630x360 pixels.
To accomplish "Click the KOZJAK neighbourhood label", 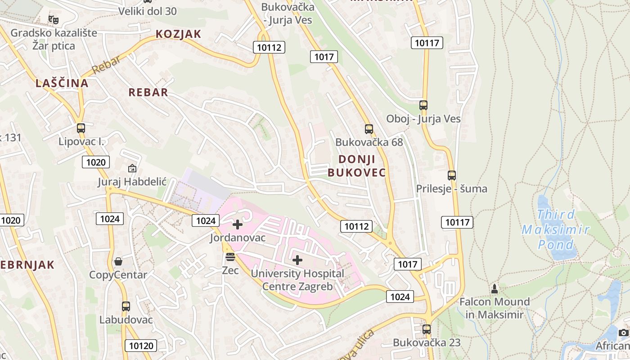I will pos(178,34).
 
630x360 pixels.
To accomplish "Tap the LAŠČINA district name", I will pos(62,83).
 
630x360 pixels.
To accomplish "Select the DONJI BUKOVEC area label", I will pos(357,166).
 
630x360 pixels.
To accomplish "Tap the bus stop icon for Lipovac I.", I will pos(81,128).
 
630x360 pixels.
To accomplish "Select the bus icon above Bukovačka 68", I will pos(369,129).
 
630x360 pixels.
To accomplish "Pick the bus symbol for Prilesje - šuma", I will pos(452,175).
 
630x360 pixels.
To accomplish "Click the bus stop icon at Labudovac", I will pos(126,306).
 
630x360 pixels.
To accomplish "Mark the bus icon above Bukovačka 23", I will pos(427,329).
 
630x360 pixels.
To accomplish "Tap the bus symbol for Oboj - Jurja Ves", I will pos(423,105).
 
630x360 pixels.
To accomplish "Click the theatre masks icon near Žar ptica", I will pos(54,19).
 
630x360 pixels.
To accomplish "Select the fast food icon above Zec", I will pos(230,257).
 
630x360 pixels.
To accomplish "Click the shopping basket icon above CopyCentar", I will pos(118,261).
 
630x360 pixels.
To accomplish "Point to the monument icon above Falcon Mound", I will pos(495,288).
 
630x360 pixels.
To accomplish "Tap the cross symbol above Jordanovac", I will pos(238,224).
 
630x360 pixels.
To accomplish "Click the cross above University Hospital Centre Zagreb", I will pos(297,260).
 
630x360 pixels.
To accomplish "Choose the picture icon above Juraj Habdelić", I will pos(132,169).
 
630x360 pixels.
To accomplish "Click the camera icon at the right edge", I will pos(623,333).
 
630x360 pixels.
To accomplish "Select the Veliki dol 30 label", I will pos(148,11).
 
